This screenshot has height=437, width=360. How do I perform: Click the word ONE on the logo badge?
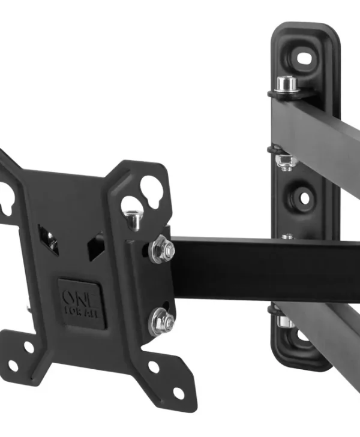[x=81, y=298]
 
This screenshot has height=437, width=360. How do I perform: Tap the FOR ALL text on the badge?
[x=81, y=313]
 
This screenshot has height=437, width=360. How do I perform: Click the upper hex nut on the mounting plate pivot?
[x=162, y=249]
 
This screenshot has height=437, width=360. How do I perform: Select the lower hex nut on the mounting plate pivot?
[x=162, y=321]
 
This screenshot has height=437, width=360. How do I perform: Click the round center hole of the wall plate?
[x=305, y=198]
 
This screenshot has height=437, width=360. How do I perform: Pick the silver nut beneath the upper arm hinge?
[x=285, y=162]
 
